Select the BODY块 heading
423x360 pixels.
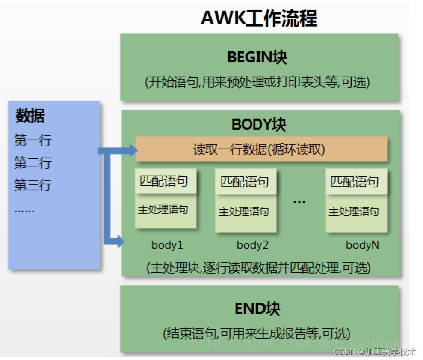(259, 125)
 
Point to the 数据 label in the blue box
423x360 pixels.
(30, 116)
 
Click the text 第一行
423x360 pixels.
(33, 140)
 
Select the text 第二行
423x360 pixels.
(33, 163)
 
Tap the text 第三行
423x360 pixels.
(33, 185)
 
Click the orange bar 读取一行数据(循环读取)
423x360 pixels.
(261, 150)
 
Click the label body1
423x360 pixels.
(167, 245)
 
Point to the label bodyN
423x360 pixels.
(362, 245)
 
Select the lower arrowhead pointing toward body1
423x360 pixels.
(119, 242)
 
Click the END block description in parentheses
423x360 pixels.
(257, 333)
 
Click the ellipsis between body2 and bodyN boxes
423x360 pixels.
(299, 201)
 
